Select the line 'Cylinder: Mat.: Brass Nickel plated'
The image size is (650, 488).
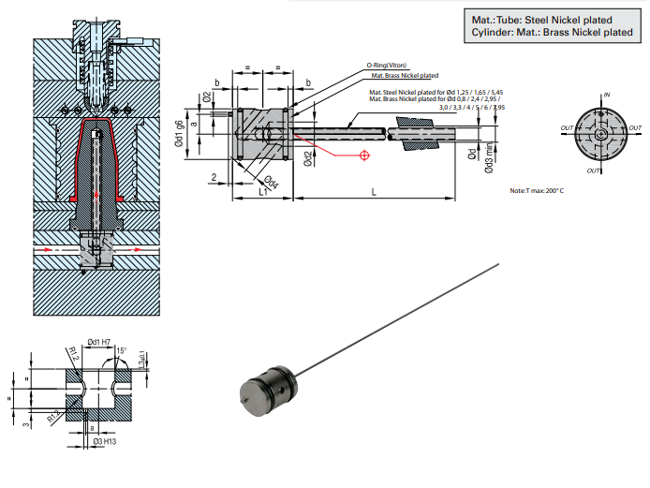tap(553, 33)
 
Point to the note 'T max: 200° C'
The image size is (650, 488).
tap(537, 190)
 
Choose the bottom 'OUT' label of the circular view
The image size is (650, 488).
tap(594, 171)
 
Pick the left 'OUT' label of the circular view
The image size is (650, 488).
tap(567, 128)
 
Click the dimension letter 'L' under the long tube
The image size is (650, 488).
tap(374, 191)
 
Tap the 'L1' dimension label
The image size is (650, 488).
tap(263, 191)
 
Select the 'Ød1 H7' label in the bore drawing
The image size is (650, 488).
tap(101, 342)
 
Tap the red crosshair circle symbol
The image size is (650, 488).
tap(363, 156)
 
